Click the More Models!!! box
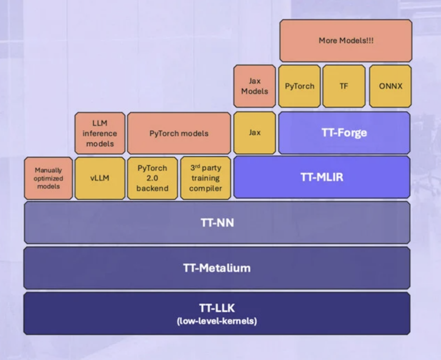345,40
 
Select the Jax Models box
254,86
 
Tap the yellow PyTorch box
299,86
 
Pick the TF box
344,86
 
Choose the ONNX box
390,86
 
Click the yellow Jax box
254,133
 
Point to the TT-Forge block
344,133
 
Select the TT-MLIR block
322,177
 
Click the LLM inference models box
100,133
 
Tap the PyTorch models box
179,133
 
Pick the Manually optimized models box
49,178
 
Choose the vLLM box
100,178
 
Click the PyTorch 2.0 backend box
152,178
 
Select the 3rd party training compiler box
205,178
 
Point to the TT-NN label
217,223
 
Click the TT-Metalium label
217,268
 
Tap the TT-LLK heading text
217,308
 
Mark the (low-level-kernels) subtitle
217,321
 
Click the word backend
152,188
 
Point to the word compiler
205,188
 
